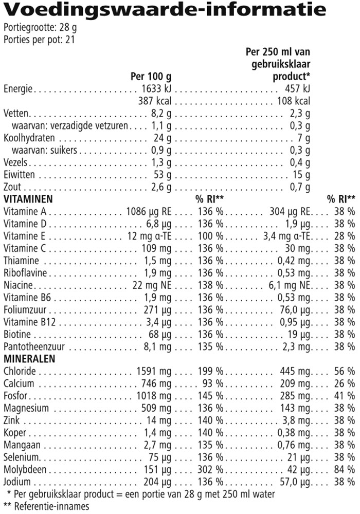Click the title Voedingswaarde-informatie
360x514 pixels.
[165, 10]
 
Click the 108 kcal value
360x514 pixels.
[294, 101]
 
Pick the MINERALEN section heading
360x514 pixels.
[29, 358]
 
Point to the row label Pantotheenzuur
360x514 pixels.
[32, 346]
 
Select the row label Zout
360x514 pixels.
[12, 187]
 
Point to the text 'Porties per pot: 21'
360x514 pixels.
[39, 40]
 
